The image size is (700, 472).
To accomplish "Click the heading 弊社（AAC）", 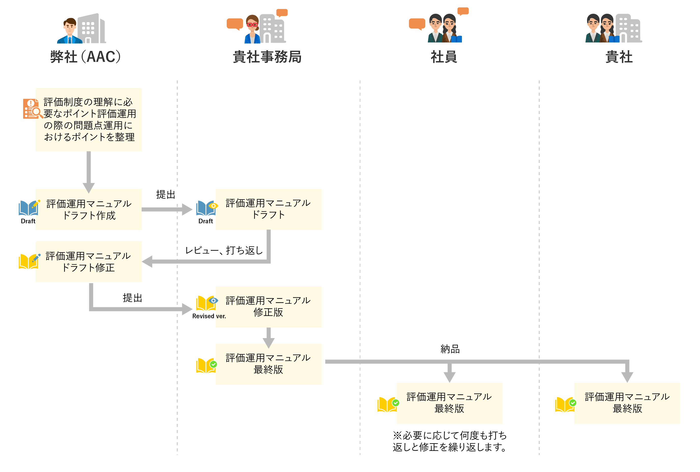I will click(85, 57).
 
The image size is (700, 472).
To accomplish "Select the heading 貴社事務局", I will click(267, 57).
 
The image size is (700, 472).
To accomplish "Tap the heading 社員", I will click(444, 57).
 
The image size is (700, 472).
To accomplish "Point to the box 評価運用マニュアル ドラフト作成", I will click(89, 209).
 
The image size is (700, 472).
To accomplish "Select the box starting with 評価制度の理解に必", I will click(89, 119).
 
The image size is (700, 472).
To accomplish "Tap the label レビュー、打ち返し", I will click(224, 250).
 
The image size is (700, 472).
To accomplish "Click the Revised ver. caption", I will click(209, 316).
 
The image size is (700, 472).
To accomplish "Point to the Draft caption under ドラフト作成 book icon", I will click(28, 221).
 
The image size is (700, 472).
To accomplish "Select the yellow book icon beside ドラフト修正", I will click(28, 261).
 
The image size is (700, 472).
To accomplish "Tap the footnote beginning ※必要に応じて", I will click(449, 441).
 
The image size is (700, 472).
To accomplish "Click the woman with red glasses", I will click(252, 29).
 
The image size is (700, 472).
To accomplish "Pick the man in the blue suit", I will click(70, 31).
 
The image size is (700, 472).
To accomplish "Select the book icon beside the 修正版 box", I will click(206, 303).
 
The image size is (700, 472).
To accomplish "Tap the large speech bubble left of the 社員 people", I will click(417, 24).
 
